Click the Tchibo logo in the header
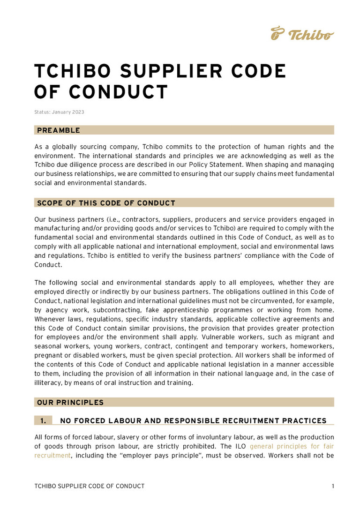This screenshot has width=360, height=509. coord(302,34)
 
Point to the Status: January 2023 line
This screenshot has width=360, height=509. coord(59,112)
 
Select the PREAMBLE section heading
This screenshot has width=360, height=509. coord(59,130)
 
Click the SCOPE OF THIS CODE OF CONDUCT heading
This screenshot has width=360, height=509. coord(106,203)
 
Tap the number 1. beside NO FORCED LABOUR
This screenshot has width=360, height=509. coord(43,421)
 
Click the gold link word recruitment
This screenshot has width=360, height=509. coord(52,455)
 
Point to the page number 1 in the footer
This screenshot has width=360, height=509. coord(333,486)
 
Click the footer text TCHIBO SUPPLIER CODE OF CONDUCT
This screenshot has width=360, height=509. coord(90,486)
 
